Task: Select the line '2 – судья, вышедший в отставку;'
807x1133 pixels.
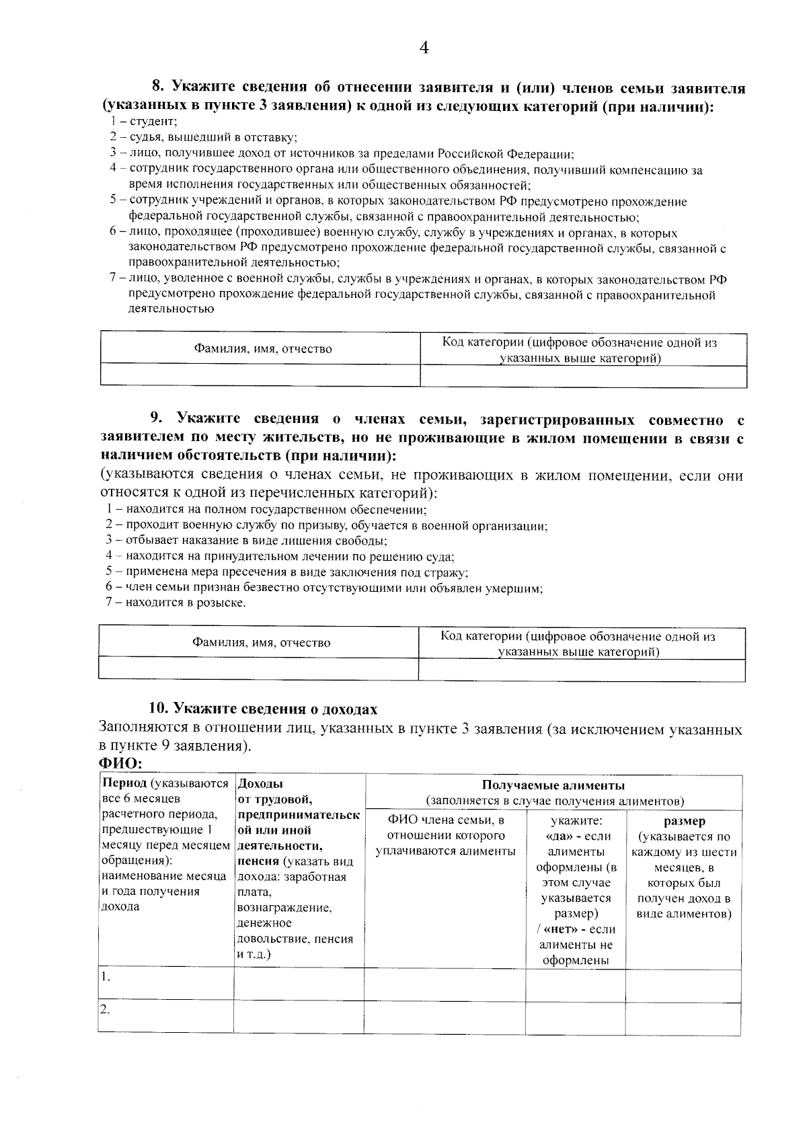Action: [203, 137]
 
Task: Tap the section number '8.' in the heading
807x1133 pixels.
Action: [158, 88]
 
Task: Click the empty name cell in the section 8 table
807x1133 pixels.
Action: [260, 375]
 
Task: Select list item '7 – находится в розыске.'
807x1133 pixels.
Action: [176, 603]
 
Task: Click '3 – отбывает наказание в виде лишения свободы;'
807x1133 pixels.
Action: [246, 541]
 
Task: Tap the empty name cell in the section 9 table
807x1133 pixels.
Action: [258, 669]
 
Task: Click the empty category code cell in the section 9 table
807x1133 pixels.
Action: [582, 670]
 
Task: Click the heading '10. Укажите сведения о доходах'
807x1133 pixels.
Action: [262, 709]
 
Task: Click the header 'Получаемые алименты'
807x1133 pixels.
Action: [553, 785]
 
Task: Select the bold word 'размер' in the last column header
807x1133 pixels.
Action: [684, 822]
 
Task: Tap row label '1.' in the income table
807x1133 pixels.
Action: [106, 978]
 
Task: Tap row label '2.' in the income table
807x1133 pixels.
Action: [106, 1010]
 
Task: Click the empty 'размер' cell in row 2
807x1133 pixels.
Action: [683, 1018]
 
